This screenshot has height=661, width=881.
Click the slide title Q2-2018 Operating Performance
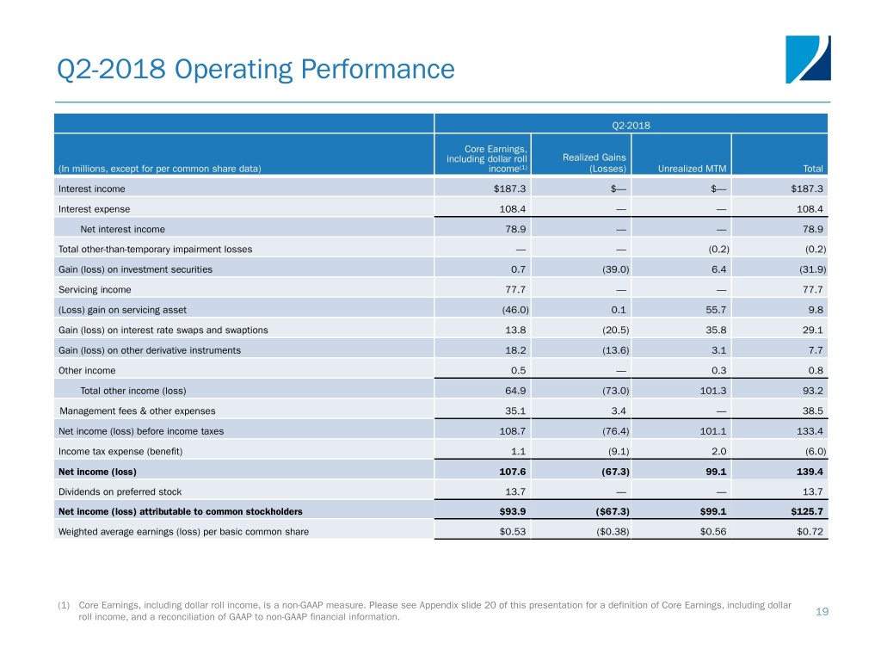point(254,68)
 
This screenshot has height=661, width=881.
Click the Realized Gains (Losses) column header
point(583,162)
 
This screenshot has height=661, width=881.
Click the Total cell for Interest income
point(807,188)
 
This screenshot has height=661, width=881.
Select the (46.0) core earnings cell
point(509,310)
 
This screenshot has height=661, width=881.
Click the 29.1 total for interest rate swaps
point(810,330)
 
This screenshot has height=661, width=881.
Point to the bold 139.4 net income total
point(806,472)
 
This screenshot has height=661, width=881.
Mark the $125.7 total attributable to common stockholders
point(805,511)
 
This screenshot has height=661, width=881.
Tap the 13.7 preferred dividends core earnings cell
point(512,491)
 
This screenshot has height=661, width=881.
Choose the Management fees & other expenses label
point(138,411)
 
